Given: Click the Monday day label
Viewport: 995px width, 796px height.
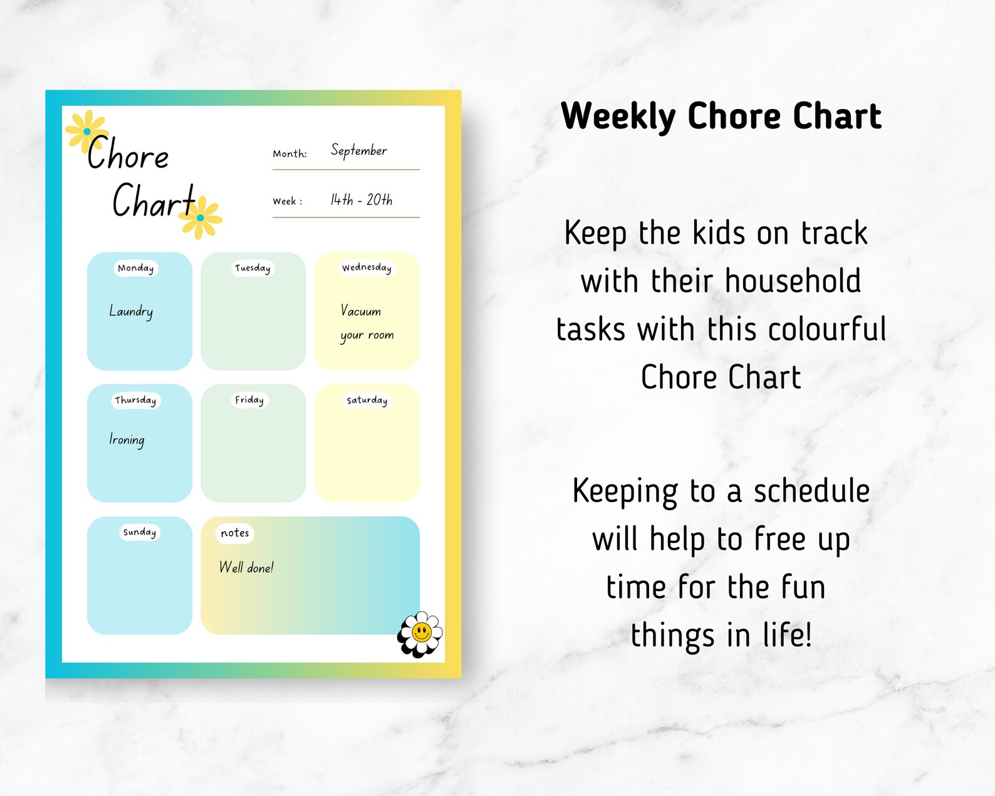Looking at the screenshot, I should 135,268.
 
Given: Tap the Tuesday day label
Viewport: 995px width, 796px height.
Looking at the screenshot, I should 253,268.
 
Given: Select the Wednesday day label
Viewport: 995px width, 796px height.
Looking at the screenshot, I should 367,268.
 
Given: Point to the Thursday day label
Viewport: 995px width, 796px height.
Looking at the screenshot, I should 135,401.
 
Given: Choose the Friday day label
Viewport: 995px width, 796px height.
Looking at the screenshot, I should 249,400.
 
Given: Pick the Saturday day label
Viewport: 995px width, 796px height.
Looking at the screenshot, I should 367,400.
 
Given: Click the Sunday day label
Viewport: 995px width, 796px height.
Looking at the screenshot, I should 139,532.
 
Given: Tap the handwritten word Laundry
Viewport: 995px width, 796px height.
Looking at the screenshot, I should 131,312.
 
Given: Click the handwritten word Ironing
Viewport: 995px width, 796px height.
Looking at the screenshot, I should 127,440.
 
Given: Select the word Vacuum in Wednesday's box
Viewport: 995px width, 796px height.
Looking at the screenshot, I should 361,311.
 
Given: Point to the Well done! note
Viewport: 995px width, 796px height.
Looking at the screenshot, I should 246,568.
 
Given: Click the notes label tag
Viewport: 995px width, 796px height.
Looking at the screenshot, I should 235,533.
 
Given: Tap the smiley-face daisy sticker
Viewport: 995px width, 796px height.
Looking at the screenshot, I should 420,634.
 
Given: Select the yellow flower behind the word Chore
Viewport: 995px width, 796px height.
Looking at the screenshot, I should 86,130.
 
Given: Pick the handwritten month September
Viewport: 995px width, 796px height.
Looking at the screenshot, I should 359,151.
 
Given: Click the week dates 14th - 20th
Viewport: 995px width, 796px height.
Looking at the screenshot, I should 362,200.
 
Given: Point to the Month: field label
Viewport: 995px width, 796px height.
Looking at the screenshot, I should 289,154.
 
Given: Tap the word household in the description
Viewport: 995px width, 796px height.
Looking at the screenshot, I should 793,281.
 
